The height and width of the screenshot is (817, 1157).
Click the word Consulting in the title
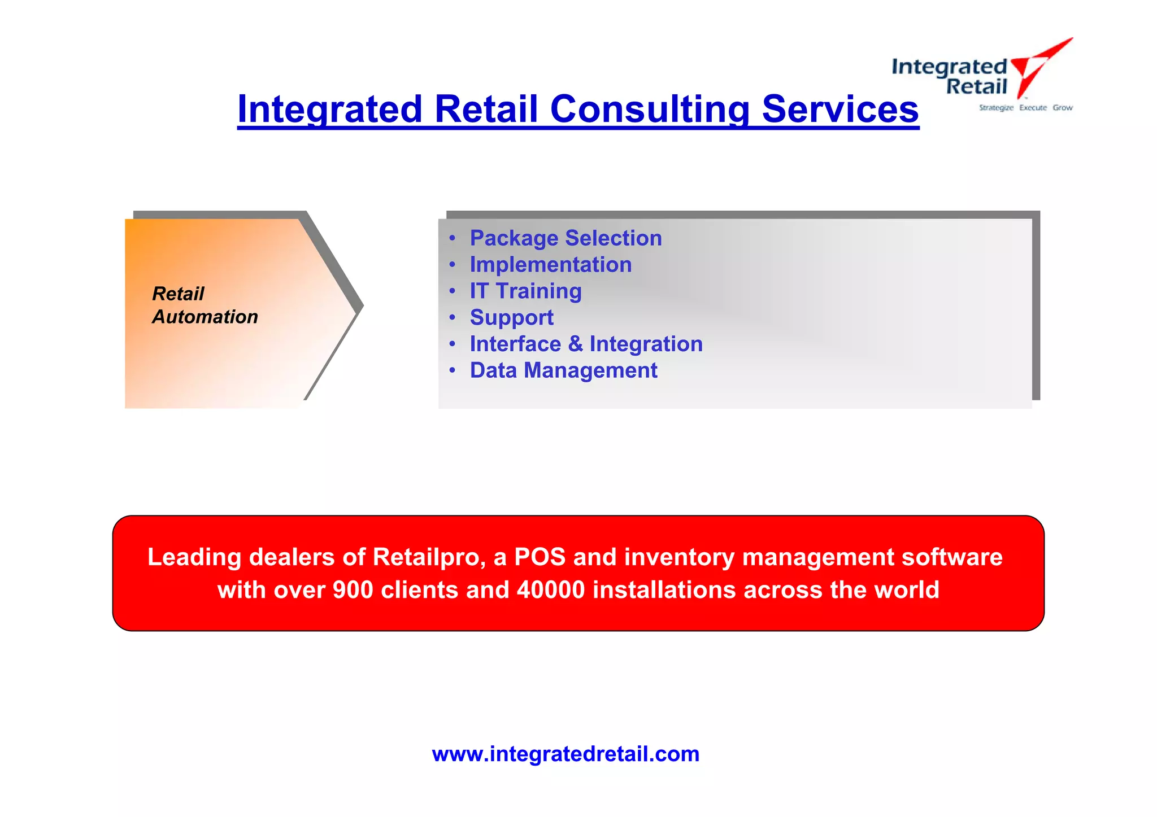coord(650,109)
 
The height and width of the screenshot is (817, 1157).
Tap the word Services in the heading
coord(840,109)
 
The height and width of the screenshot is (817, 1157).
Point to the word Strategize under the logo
coord(996,108)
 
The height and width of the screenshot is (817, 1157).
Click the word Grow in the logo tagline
coord(1062,108)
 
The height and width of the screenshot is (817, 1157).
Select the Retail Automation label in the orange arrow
coord(205,305)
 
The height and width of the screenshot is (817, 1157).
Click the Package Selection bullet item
coord(566,238)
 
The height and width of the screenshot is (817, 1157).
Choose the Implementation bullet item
coord(550,265)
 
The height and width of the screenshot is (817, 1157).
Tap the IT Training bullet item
coord(525,291)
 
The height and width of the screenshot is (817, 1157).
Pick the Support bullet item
coord(511,318)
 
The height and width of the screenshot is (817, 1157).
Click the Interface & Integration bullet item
coord(586,344)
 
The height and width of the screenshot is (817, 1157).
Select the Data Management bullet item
coord(563,370)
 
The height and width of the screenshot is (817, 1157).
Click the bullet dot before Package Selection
coord(452,238)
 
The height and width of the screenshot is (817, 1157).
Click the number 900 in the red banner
coord(353,590)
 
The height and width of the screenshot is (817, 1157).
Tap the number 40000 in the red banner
coord(551,590)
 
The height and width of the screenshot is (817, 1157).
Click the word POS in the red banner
coord(540,557)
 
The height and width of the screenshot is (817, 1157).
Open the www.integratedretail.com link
coord(566,754)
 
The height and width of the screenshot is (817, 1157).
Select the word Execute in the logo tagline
coord(1033,108)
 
